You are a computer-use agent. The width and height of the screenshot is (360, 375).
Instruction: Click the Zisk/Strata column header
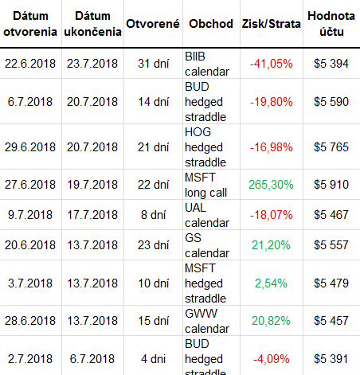(x=271, y=24)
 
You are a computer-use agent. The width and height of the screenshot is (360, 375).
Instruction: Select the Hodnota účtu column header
(x=331, y=24)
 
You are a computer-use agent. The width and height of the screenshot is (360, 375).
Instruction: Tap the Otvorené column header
(x=153, y=24)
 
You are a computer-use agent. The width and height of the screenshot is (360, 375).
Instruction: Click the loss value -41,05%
(x=271, y=64)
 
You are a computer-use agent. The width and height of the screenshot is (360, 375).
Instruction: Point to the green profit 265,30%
(x=271, y=185)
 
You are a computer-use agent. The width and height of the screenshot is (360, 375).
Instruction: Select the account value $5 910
(x=331, y=185)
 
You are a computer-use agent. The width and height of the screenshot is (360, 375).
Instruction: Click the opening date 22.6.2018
(x=30, y=64)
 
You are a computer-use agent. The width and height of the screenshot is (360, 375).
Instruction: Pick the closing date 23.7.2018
(x=92, y=64)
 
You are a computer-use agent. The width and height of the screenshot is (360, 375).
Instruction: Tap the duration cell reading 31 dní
(x=154, y=64)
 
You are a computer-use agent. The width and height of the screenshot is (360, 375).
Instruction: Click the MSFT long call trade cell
(x=206, y=185)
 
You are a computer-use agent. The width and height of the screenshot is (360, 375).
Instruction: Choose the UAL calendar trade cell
(x=207, y=215)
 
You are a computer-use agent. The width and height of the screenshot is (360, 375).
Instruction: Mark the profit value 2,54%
(x=271, y=283)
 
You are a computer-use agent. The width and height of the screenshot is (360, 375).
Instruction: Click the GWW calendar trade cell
(x=207, y=321)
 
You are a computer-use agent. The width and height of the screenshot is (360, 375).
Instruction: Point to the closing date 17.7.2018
(x=92, y=215)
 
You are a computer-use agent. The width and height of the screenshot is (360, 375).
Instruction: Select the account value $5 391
(x=331, y=359)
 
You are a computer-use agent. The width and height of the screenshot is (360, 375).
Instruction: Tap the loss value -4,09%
(x=271, y=359)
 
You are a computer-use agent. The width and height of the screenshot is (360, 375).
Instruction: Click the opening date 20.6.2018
(x=30, y=245)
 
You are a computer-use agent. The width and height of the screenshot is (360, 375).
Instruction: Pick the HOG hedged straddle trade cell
(x=205, y=147)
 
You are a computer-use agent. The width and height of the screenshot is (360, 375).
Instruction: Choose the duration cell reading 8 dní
(x=154, y=215)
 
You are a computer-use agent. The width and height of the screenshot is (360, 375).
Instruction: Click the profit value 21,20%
(x=271, y=245)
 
